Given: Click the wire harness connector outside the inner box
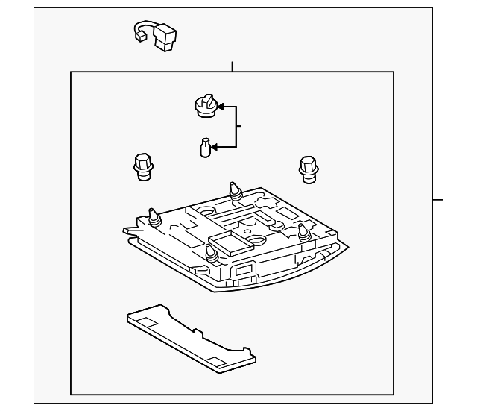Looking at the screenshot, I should tap(156, 35).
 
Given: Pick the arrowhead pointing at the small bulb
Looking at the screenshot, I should tap(217, 147).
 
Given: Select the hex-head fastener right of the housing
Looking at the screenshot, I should tap(306, 168).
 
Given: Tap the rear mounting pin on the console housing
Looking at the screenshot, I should tap(236, 191).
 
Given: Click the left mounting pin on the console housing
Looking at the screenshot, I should tap(154, 218).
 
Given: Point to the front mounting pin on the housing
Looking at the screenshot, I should tap(211, 254).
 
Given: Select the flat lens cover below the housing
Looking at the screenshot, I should tap(190, 336).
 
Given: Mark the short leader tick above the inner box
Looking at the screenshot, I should tap(233, 66).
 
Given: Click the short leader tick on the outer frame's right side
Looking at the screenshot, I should tap(438, 200).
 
